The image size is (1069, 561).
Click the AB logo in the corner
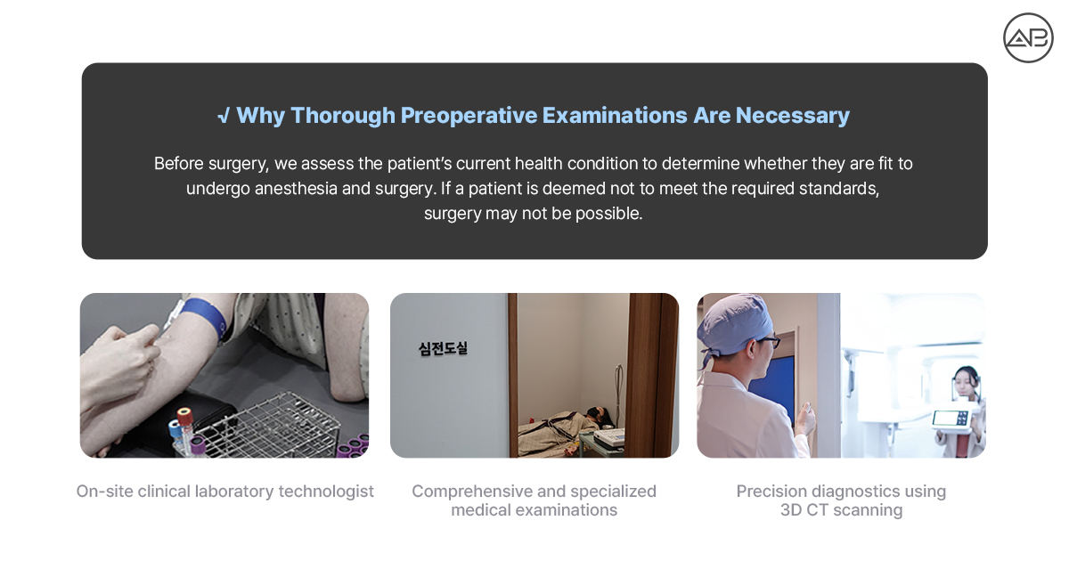click(x=1028, y=37)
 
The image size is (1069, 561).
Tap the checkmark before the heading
click(x=224, y=116)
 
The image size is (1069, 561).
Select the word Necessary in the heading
click(x=792, y=116)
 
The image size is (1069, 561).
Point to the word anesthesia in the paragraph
click(x=296, y=189)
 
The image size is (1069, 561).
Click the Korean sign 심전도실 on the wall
click(x=443, y=348)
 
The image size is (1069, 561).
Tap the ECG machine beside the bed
click(x=608, y=438)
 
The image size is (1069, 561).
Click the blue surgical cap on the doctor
click(x=732, y=323)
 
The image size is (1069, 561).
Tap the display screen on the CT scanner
click(x=950, y=419)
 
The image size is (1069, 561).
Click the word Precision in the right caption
click(x=771, y=492)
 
